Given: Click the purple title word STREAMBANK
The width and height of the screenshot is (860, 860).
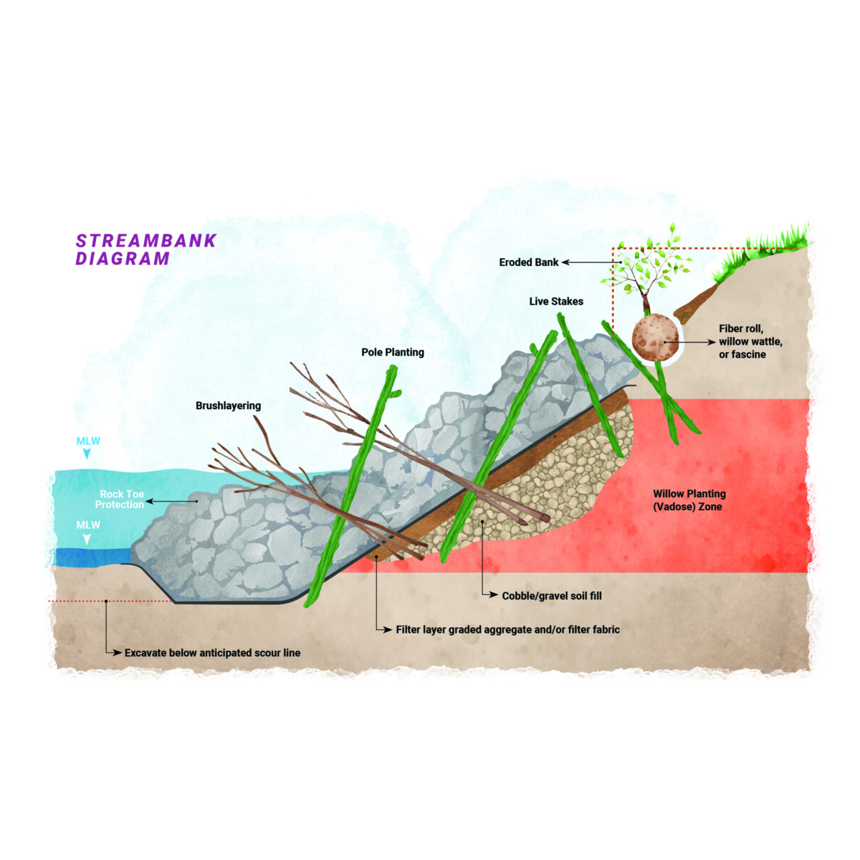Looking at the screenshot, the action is tap(146, 241).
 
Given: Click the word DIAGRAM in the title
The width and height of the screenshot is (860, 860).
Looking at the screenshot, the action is tap(123, 259).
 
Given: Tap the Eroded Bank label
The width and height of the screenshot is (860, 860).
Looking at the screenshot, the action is tap(528, 262).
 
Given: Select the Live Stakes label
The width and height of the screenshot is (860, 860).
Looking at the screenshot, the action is tap(556, 301).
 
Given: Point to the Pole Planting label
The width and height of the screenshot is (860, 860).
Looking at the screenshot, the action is tap(393, 353).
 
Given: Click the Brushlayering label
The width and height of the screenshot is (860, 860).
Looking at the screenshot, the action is tap(228, 406).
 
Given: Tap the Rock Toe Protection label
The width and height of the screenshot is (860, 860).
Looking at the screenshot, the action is tap(120, 500).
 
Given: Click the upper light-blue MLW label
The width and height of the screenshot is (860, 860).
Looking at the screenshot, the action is tap(88, 441).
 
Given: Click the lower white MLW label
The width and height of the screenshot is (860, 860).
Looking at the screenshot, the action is tap(88, 525).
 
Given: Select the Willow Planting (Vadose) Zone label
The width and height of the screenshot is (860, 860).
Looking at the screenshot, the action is tap(689, 500).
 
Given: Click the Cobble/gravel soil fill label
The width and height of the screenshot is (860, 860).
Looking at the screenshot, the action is tap(552, 596).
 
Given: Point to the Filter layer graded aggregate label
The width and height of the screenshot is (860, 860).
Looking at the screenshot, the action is tap(508, 630).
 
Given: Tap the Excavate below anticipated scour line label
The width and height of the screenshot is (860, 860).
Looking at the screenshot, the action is tap(212, 653).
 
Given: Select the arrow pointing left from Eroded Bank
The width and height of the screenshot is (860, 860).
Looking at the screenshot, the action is tap(591, 262).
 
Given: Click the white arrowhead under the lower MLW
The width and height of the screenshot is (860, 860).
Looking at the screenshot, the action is tap(87, 540).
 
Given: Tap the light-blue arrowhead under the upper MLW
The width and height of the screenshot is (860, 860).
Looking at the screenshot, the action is tap(87, 454).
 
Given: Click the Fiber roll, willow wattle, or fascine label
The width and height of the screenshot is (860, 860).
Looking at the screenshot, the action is tap(750, 341).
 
